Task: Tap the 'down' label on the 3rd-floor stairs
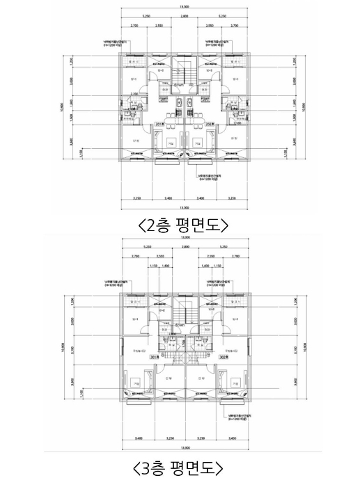point(179,324)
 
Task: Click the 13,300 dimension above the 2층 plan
point(184,8)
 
